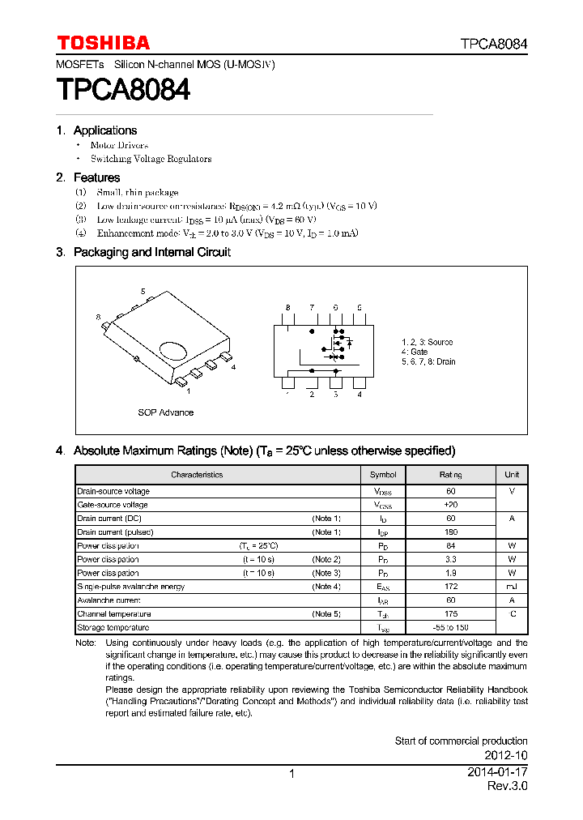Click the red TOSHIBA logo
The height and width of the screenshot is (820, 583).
point(103,43)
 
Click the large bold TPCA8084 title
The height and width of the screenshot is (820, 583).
point(123,89)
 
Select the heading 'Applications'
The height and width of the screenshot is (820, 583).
point(104,130)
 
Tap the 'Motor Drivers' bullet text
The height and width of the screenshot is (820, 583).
point(119,145)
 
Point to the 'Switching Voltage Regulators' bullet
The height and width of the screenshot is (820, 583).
point(151,159)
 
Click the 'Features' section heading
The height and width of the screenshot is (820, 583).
point(96,177)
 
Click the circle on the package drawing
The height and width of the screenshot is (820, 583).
point(173,350)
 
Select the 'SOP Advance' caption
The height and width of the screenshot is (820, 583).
point(165,412)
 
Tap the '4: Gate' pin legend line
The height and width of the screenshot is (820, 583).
point(415,352)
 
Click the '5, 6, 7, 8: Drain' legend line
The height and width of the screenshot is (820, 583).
point(428,361)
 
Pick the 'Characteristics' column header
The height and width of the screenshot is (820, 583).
point(197,475)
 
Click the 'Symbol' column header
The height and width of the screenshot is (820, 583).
point(383,475)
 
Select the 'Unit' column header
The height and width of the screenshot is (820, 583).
point(512,475)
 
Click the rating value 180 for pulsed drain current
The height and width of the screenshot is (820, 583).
point(451,532)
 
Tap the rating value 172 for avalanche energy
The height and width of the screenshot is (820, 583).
point(451,587)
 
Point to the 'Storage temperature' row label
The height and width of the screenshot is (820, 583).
point(113,628)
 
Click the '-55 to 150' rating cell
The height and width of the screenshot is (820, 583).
point(451,628)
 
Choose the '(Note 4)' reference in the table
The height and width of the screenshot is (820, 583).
point(326,587)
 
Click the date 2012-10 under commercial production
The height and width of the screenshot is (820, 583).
point(507,755)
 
